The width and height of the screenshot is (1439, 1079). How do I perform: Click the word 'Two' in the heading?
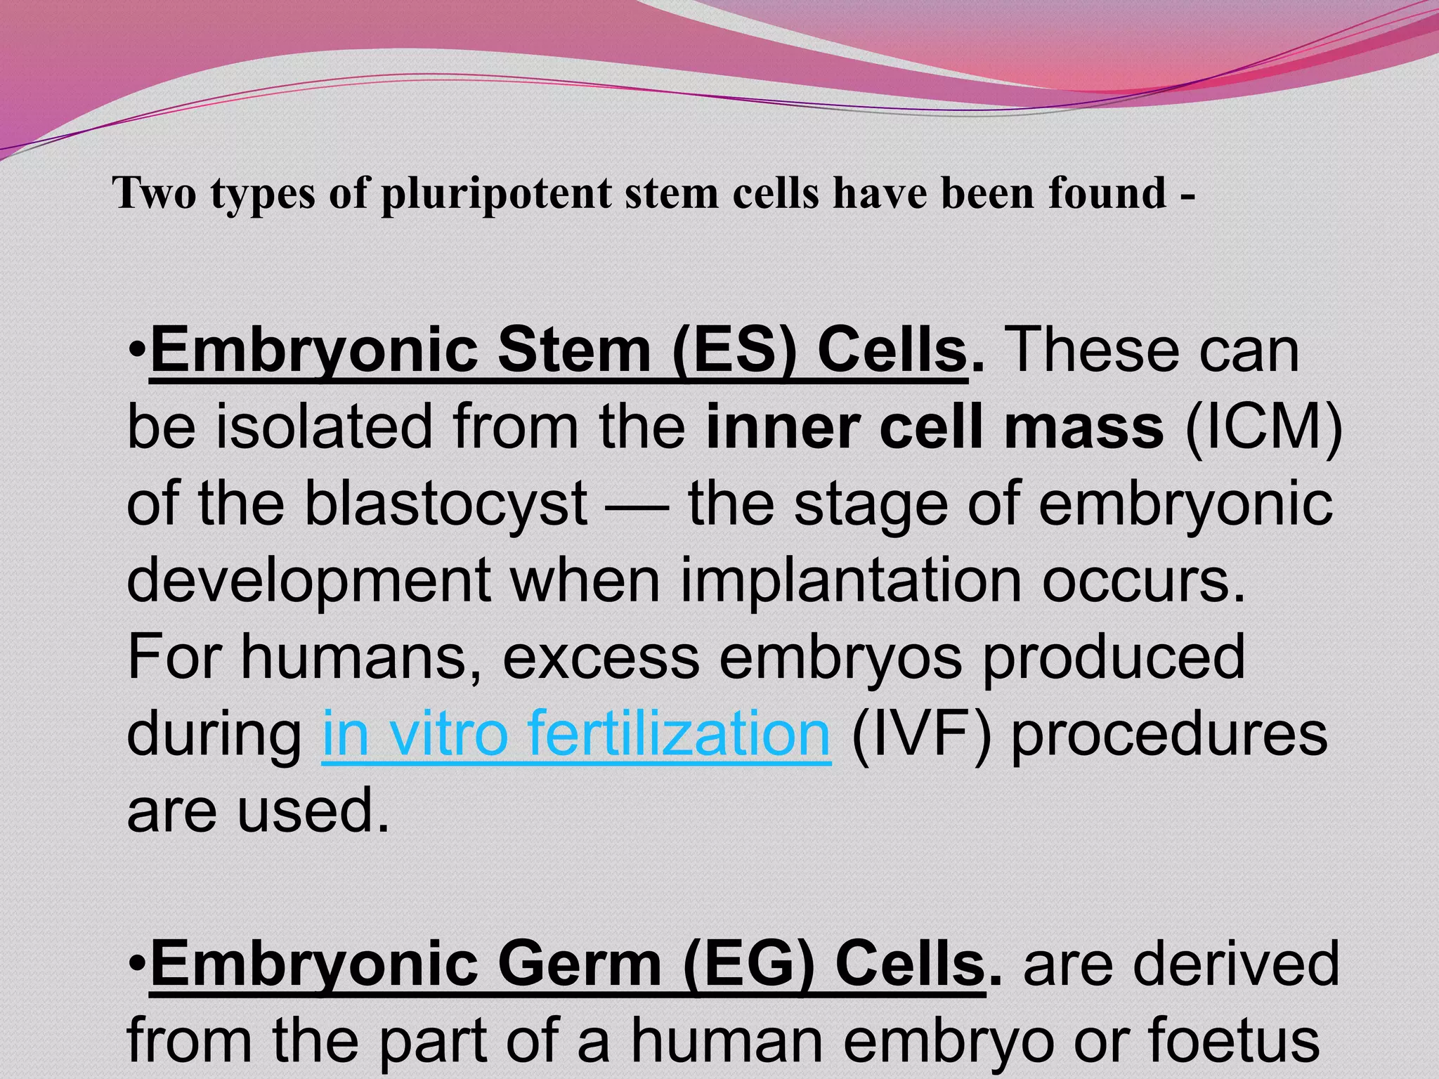click(154, 193)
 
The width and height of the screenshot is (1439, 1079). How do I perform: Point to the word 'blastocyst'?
click(445, 504)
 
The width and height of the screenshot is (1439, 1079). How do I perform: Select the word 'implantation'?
click(850, 581)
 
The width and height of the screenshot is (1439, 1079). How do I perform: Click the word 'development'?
click(308, 582)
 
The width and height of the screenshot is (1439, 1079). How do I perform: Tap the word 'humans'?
click(361, 658)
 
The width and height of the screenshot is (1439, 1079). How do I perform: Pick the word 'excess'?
click(601, 658)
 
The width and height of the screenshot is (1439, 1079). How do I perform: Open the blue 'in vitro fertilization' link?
click(576, 733)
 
